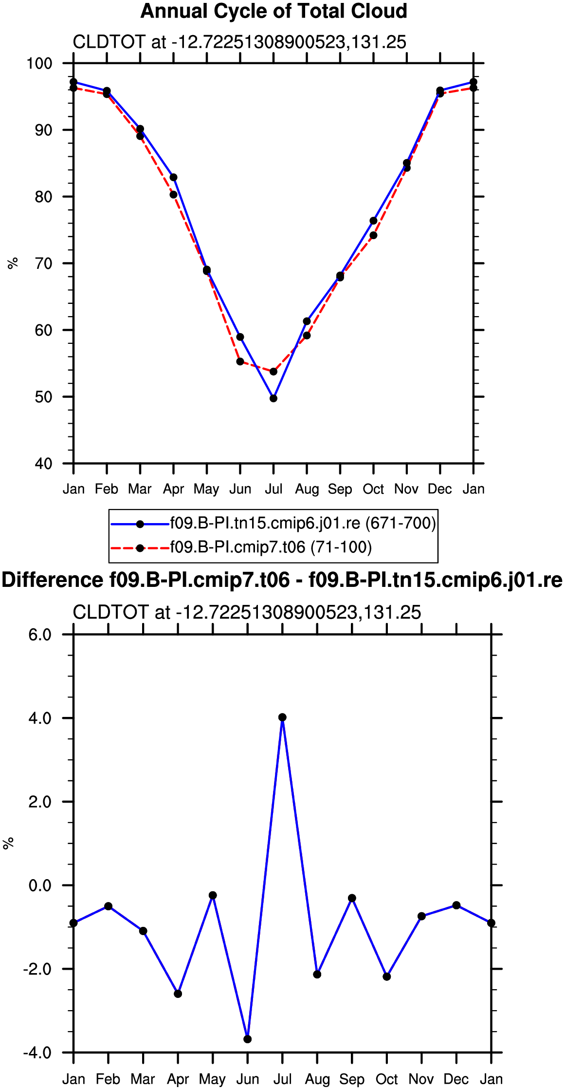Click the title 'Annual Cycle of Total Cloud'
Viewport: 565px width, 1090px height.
(273, 11)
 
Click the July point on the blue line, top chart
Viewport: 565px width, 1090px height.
(273, 398)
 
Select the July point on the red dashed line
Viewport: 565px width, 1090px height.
(273, 372)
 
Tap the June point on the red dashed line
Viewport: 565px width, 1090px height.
(240, 361)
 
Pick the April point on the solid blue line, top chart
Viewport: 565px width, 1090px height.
(173, 177)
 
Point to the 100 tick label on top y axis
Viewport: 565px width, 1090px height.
(39, 63)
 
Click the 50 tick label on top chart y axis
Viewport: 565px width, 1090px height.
(43, 397)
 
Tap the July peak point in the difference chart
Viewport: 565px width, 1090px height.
(282, 717)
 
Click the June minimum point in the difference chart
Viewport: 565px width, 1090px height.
(248, 1039)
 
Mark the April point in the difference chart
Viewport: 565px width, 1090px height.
(178, 994)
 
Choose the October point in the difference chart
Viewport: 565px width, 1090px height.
(387, 977)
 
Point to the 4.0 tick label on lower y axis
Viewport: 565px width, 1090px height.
(40, 718)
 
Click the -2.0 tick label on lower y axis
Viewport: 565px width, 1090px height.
(37, 969)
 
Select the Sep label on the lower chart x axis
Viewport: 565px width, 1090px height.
(352, 1079)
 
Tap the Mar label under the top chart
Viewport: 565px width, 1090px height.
(140, 489)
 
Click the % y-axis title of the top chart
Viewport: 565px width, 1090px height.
(13, 263)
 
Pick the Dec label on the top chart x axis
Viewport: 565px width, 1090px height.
(440, 489)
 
